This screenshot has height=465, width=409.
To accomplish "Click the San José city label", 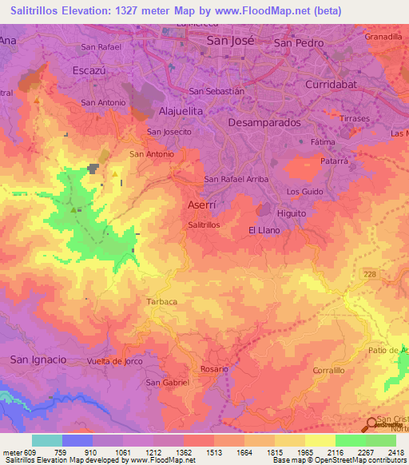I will pos(230,40).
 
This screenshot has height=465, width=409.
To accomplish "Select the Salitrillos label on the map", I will pos(204,226).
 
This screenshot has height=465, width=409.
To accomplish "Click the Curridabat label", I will pos(335,83).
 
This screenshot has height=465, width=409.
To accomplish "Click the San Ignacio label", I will pos(38,360).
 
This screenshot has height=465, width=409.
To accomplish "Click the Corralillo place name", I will pos(328,371).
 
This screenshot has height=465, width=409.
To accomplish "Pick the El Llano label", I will pos(263,230).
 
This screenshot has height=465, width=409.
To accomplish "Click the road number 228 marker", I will pos(367,273).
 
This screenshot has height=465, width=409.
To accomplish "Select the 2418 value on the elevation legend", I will pos(395,451).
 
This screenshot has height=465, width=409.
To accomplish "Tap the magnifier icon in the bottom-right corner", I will pos(372,424).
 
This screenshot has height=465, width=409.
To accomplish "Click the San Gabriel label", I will pos(168,383).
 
